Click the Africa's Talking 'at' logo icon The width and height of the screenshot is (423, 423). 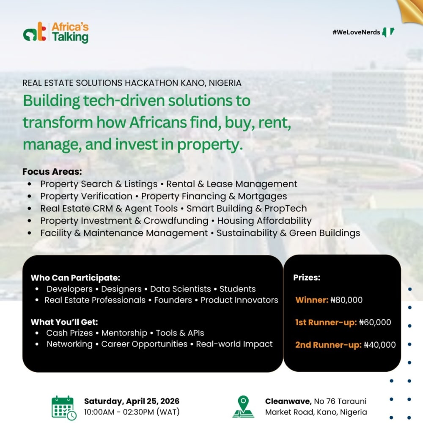(35, 32)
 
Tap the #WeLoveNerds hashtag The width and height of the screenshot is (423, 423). (356, 32)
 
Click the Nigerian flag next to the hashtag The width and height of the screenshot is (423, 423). (388, 32)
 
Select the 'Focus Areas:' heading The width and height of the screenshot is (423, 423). (52, 172)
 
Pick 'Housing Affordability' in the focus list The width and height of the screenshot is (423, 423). (264, 221)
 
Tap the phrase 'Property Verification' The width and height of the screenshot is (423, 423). (86, 196)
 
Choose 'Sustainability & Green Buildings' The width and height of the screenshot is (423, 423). (288, 233)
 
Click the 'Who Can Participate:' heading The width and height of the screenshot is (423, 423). (76, 277)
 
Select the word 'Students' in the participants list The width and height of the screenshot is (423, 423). (237, 289)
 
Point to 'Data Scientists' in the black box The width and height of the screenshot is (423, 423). (181, 289)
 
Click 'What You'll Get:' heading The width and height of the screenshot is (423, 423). (64, 322)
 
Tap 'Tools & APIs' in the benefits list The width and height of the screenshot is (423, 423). (180, 333)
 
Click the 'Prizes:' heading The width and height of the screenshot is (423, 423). (307, 277)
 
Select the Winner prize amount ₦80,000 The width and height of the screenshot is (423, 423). (347, 300)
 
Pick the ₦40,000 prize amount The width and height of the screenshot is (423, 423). (380, 345)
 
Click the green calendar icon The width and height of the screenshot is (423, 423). (64, 408)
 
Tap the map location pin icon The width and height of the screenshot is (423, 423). (243, 407)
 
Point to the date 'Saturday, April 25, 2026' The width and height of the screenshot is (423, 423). (132, 401)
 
